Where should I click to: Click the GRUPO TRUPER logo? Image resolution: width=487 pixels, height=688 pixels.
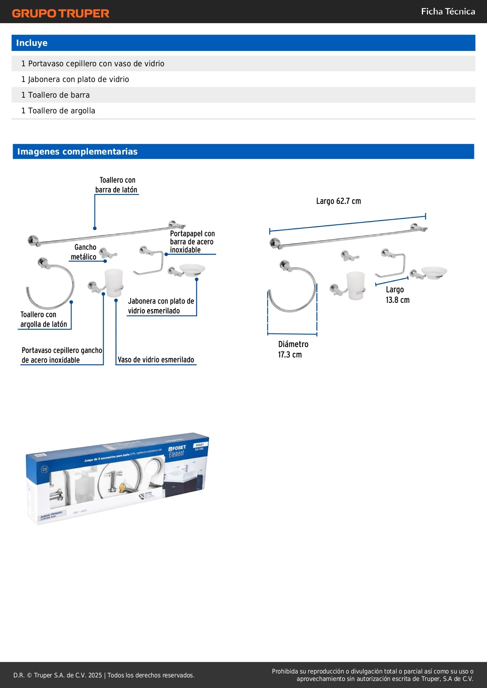[60, 13]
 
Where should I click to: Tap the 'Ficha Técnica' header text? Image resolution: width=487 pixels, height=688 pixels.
[448, 12]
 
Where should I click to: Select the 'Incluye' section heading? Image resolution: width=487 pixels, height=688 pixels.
[32, 43]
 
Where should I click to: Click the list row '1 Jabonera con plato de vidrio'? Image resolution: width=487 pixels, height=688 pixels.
[75, 79]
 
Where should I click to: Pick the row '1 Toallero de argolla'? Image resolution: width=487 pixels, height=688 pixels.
[58, 111]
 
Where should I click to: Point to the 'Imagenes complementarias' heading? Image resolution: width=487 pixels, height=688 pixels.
[77, 152]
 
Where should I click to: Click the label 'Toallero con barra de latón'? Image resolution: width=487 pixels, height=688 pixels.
[117, 185]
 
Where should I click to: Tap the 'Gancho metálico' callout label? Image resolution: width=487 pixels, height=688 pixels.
[84, 252]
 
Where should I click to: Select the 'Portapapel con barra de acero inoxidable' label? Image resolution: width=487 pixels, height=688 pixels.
[192, 242]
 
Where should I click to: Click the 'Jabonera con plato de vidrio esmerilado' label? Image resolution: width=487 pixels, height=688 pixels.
[161, 306]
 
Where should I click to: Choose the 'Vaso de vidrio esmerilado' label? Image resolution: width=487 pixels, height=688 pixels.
[156, 360]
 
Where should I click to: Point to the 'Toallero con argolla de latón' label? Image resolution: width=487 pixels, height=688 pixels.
[43, 319]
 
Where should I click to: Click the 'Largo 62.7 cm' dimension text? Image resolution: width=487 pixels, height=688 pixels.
[338, 201]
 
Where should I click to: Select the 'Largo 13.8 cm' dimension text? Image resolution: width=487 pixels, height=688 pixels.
[397, 295]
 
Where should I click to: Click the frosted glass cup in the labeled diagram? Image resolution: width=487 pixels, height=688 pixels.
[114, 282]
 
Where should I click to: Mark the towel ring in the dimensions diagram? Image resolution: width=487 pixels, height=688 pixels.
[292, 288]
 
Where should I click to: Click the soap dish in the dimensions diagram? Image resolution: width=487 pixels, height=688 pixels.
[433, 272]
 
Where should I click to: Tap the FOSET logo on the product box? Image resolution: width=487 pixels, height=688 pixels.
[177, 448]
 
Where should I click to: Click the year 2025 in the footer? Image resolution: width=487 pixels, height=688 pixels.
[95, 675]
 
